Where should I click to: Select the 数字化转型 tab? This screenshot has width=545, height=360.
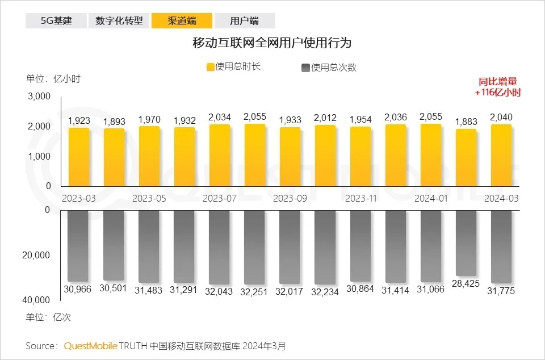(x=119, y=21)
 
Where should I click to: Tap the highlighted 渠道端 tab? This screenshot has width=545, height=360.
(x=182, y=21)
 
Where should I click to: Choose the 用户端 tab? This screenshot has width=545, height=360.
(x=245, y=21)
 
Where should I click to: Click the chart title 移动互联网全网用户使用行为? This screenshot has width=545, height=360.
(x=272, y=43)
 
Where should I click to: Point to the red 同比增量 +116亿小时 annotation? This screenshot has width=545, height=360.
(x=498, y=87)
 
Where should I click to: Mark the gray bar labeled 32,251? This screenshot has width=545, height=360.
(x=255, y=247)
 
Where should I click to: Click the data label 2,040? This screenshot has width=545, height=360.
(x=501, y=117)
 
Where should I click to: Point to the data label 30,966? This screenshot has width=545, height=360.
(x=79, y=290)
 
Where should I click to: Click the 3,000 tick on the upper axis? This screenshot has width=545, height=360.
(x=40, y=97)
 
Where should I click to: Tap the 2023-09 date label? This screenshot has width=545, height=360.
(x=290, y=199)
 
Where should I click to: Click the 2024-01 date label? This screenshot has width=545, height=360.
(x=431, y=199)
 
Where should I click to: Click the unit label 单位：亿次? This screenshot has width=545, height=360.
(x=48, y=317)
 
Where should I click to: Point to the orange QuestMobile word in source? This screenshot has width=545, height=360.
(x=90, y=346)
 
